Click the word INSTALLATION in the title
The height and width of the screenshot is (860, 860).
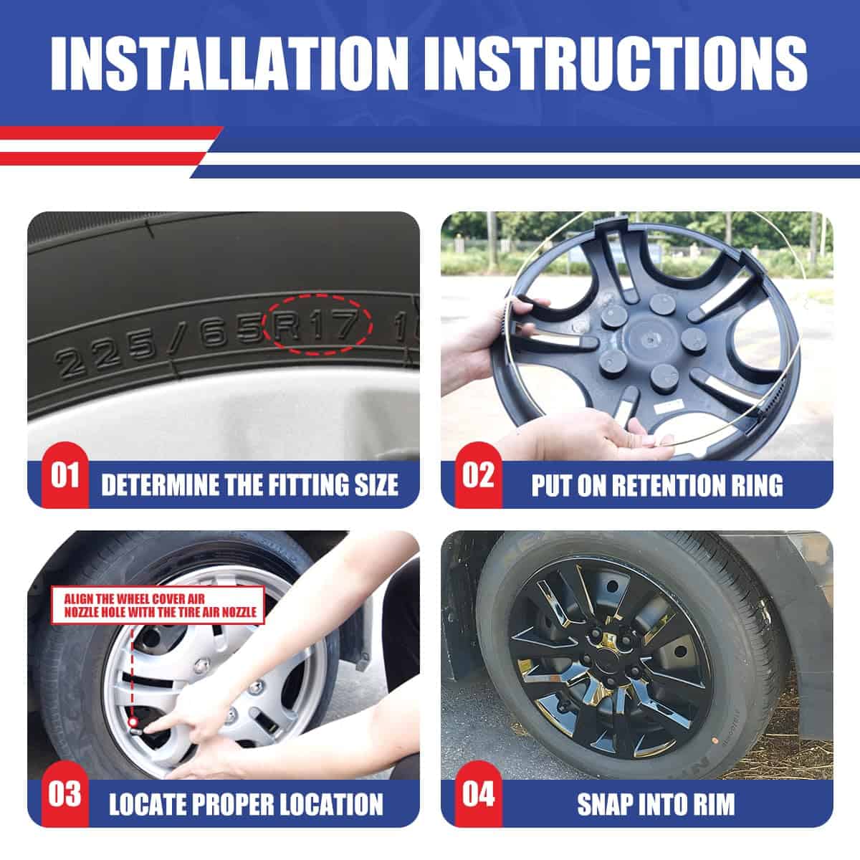229,63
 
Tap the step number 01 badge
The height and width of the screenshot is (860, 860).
64,475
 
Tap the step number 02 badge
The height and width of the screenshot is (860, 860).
479,475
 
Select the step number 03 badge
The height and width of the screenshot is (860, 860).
64,794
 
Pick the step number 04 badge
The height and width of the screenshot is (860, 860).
479,794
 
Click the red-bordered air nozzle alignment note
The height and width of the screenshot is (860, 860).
158,606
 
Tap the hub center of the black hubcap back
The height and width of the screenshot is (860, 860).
646,340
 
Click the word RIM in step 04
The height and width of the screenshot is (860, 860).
714,804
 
